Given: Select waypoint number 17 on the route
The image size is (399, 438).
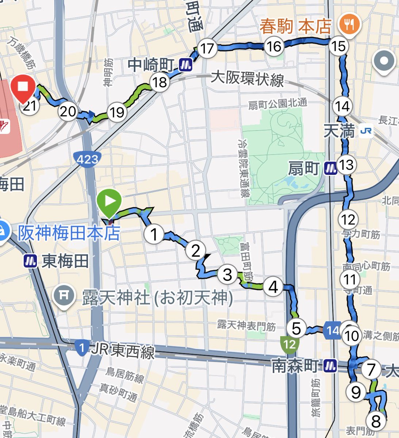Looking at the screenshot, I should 207,48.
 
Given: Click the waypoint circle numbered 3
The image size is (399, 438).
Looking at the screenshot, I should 227,274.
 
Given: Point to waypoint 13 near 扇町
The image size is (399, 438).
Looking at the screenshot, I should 346,165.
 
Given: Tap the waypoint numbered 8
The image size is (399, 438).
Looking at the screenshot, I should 376,421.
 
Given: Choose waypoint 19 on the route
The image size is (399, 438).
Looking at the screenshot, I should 117,112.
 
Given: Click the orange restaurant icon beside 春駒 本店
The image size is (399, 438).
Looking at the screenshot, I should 350,24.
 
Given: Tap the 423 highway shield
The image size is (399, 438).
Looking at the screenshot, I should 88,159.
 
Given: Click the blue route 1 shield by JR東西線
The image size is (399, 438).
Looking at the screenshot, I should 82,347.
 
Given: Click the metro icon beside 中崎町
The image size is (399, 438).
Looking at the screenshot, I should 185,65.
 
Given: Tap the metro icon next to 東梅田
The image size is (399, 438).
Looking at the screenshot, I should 30,261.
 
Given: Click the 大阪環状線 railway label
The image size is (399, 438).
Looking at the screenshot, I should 248,79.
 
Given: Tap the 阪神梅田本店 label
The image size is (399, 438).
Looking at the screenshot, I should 69,234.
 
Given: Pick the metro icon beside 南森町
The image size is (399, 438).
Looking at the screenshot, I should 330,365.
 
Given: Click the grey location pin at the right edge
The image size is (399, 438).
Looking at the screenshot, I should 384,62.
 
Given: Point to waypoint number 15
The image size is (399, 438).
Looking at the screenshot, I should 338,46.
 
